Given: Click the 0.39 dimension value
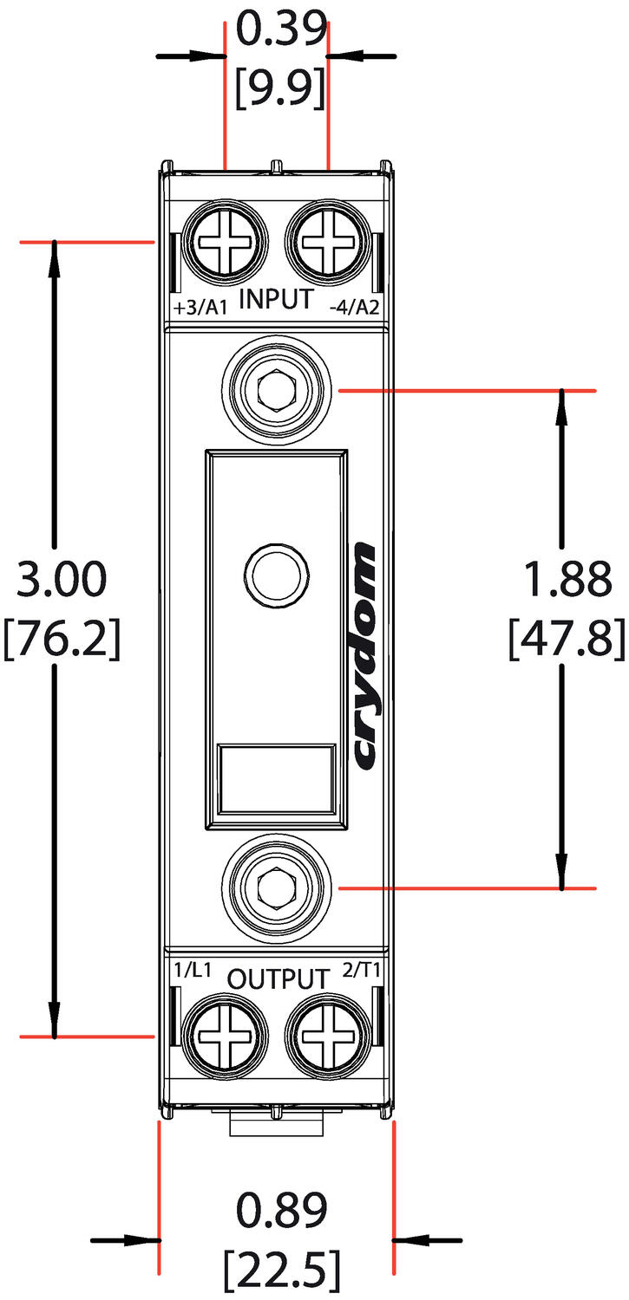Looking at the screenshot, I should pos(281,31).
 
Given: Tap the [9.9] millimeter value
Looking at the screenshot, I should pos(281,86).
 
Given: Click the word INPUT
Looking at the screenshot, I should pos(276,299).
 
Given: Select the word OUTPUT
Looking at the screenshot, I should pos(278,979).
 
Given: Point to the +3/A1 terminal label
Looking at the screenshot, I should pos(200,309).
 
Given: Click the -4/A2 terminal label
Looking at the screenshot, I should pos(355,309).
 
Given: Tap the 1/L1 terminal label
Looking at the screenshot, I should pos(192,972).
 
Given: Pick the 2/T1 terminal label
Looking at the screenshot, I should pos(363,972).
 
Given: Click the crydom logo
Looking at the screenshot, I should pos(365,656).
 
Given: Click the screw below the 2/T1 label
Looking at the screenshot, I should pos(326,1035).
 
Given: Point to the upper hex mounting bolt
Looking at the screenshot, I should pos(277,391).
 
